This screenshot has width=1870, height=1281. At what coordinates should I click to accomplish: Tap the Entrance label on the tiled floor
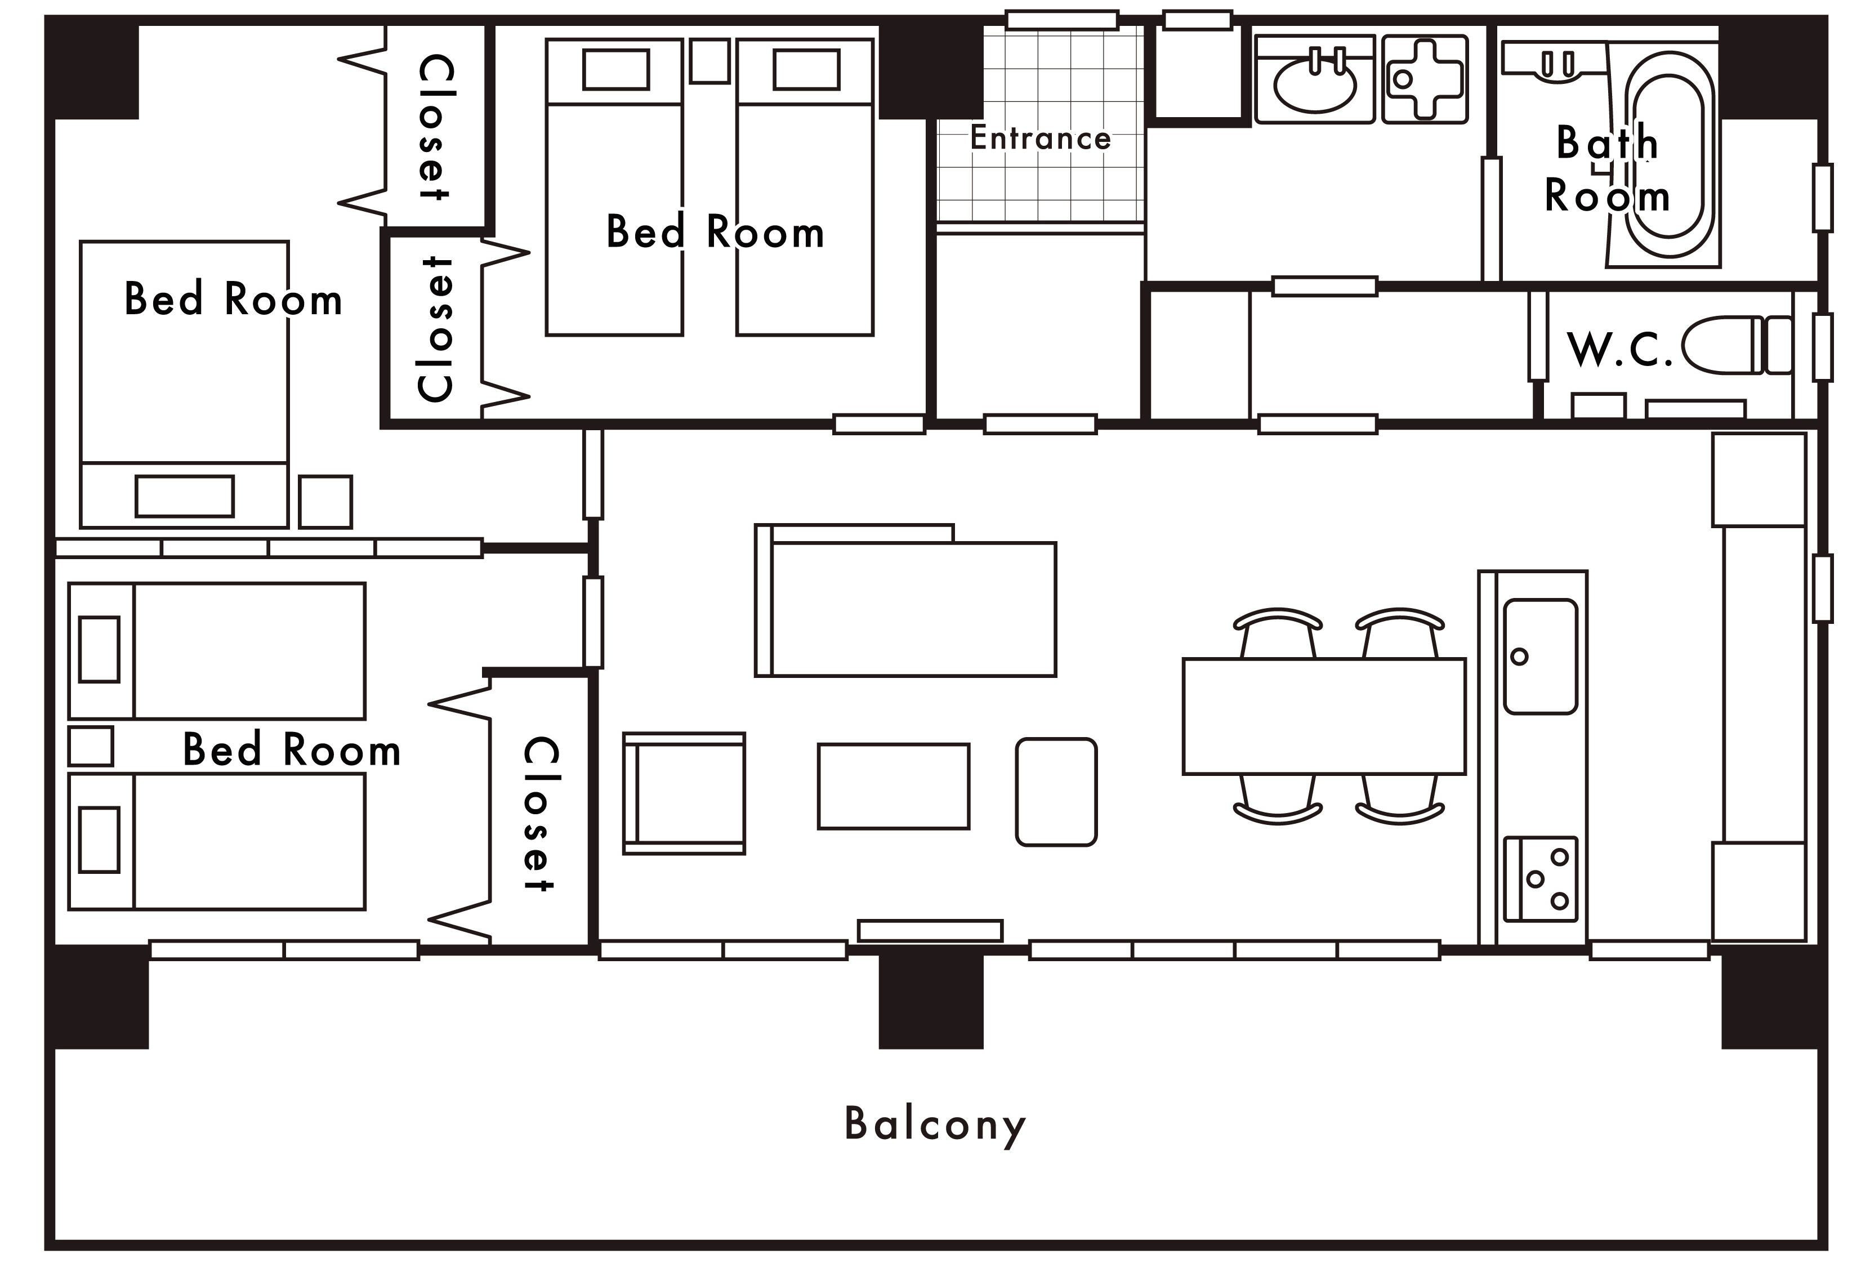pyautogui.click(x=1041, y=137)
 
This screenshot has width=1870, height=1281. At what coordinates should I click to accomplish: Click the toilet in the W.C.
pyautogui.click(x=1737, y=345)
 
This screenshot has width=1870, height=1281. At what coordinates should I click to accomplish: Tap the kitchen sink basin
pyautogui.click(x=1540, y=656)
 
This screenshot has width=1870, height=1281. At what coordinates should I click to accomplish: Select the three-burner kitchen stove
pyautogui.click(x=1540, y=880)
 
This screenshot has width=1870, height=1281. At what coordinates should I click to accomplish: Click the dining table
pyautogui.click(x=1324, y=716)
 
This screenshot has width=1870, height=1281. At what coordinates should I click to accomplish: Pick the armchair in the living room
pyautogui.click(x=684, y=793)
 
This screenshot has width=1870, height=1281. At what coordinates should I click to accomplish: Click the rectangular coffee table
pyautogui.click(x=893, y=786)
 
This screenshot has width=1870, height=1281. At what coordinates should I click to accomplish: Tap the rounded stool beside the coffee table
pyautogui.click(x=1056, y=792)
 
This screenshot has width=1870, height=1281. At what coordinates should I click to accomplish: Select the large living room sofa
pyautogui.click(x=905, y=601)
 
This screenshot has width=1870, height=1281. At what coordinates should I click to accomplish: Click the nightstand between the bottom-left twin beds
pyautogui.click(x=90, y=746)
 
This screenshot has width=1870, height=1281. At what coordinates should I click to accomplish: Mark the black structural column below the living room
pyautogui.click(x=931, y=999)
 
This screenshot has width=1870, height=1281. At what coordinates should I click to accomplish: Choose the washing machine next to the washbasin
pyautogui.click(x=1424, y=79)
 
